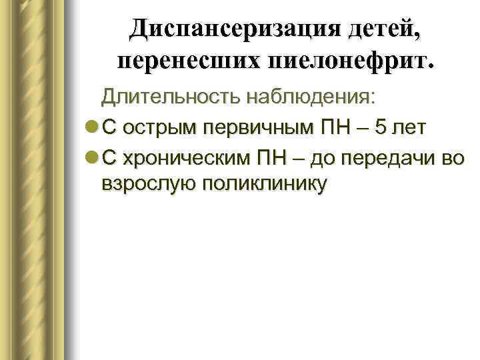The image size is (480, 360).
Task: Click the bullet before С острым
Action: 91,128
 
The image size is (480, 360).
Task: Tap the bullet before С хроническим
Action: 91,157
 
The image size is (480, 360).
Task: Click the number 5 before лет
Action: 379,128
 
